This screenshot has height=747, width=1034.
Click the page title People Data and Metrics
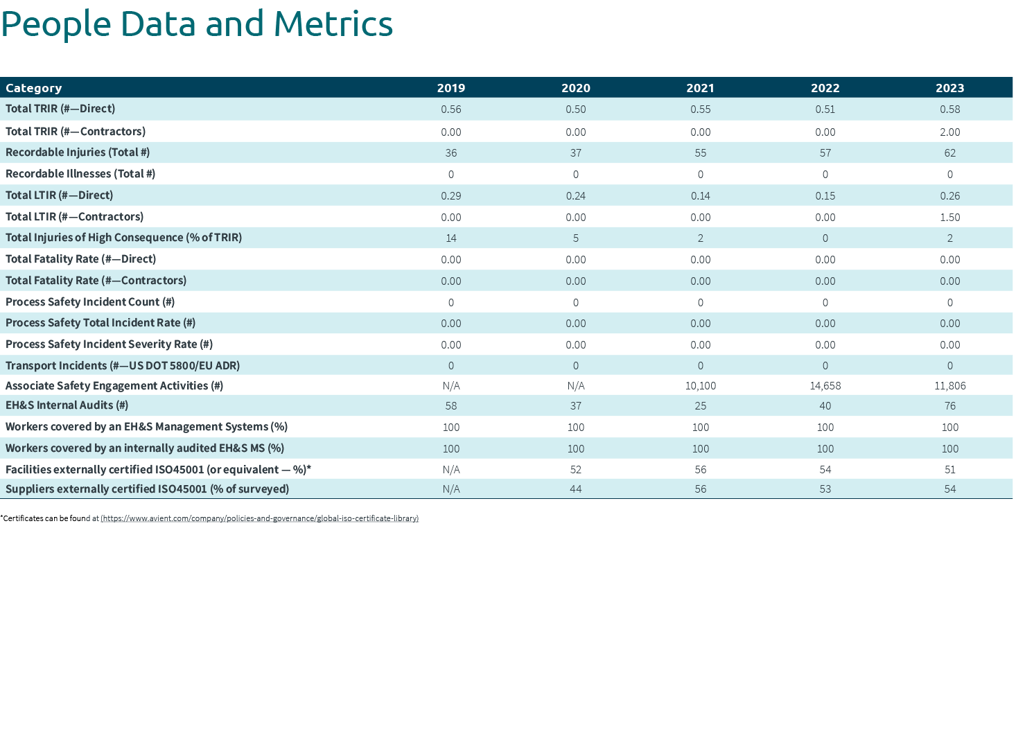point(197,24)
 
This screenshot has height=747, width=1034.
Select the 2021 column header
point(700,88)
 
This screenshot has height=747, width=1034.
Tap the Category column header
point(34,88)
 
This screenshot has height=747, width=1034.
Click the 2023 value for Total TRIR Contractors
point(949,132)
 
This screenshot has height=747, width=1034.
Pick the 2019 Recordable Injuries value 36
point(450,152)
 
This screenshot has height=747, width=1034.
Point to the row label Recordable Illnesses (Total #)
point(80,174)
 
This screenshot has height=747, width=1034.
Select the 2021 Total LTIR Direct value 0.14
point(700,195)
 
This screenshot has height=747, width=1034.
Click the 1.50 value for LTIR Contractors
point(949,217)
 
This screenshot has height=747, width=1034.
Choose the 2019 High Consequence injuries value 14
point(450,238)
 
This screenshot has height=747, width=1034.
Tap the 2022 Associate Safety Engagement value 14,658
point(825,386)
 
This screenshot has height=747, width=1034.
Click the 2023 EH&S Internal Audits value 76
point(949,406)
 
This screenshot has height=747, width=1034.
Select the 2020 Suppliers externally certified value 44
point(575,489)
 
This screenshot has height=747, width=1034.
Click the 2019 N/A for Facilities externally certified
point(450,470)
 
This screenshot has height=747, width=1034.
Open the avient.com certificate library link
point(260,518)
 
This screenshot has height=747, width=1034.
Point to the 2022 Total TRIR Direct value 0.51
point(825,109)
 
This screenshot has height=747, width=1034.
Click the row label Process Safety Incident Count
point(90,302)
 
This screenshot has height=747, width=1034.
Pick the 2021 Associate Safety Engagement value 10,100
point(700,386)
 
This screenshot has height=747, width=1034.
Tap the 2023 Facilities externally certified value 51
point(949,470)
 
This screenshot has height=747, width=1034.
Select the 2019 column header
point(450,88)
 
